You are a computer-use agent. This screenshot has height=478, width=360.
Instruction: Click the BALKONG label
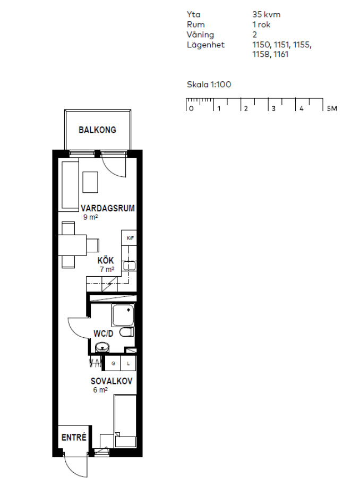tap(97, 130)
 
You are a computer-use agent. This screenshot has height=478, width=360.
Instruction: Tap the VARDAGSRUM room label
tap(108, 208)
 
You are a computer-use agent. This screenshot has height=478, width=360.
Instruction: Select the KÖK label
tap(106, 261)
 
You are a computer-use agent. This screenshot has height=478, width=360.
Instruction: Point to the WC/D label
tap(104, 334)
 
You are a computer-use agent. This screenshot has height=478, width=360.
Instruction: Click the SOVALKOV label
tap(112, 381)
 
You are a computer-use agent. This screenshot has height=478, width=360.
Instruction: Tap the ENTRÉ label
tap(74, 438)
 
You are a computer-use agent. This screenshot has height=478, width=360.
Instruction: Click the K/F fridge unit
tap(129, 238)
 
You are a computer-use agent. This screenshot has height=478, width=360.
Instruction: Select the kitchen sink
tap(130, 266)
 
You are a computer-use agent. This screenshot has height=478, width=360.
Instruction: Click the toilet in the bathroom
tap(126, 332)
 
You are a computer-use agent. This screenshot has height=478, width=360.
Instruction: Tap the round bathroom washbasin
tap(102, 347)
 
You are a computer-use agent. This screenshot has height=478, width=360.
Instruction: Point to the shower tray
tap(123, 315)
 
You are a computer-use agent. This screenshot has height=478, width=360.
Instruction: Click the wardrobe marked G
tap(113, 363)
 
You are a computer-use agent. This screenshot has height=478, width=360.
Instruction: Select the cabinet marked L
tap(128, 363)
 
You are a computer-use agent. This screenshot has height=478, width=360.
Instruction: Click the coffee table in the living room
tap(90, 182)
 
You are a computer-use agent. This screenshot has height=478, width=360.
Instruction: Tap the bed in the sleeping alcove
tap(125, 421)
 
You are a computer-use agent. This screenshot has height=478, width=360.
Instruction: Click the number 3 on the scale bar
tap(273, 108)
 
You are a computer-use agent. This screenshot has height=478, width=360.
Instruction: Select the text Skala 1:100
tap(209, 84)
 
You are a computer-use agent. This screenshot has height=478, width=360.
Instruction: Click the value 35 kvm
tap(267, 14)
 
